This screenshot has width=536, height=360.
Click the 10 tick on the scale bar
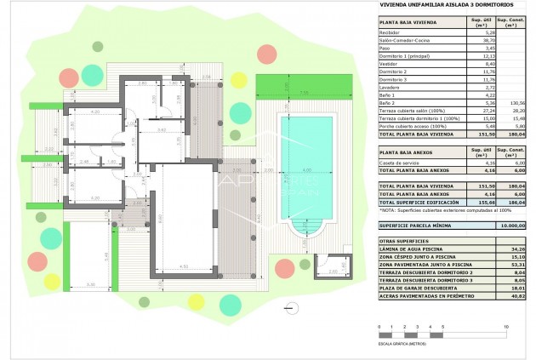[507, 327]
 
